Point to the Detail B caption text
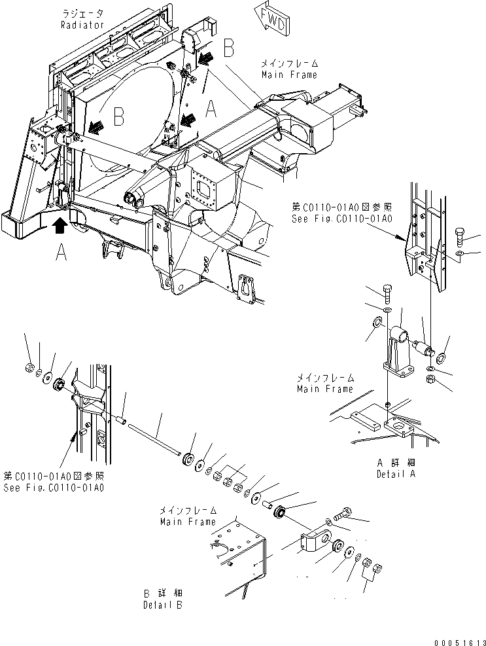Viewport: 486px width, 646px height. (163, 605)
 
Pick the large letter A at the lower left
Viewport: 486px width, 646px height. (61, 252)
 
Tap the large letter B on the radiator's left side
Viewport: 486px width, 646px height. (118, 118)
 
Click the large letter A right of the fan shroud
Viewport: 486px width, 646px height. (211, 108)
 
